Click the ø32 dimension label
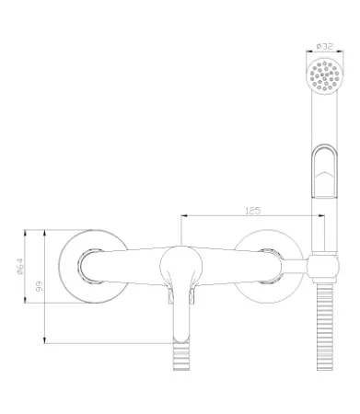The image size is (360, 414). coord(324,47)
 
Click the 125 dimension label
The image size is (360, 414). coord(253,211)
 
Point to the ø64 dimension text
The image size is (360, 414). coord(20,266)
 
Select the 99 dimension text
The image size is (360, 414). coord(40,286)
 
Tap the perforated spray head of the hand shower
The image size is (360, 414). coord(324,75)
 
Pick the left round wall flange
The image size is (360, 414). coord(93,266)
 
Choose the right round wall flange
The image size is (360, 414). coord(269,266)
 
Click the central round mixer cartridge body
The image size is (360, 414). coord(181,264)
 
